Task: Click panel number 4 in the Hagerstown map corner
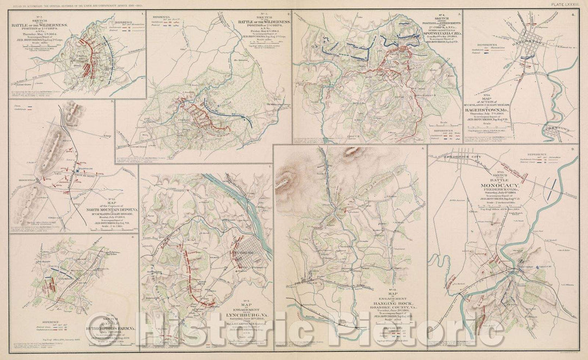pyautogui.click(x=572, y=14)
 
